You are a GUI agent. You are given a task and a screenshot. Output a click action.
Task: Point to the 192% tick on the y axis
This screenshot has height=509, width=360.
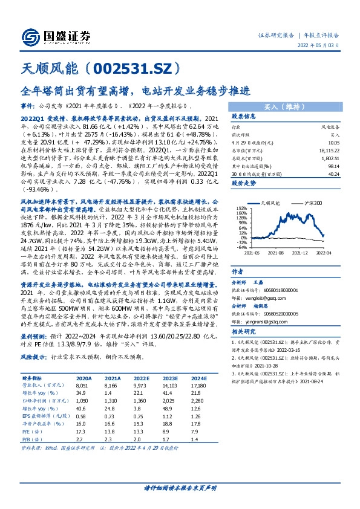pyautogui.click(x=241, y=208)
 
